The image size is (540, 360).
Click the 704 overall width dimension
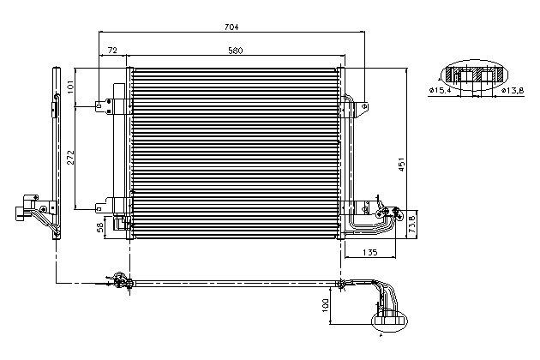(x=231, y=27)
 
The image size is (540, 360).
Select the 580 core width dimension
(x=236, y=51)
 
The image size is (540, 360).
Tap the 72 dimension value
(x=112, y=51)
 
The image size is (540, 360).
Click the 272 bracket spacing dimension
(x=70, y=157)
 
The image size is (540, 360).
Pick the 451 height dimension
(x=401, y=165)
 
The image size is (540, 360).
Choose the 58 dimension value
(x=100, y=227)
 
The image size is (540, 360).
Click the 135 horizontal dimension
(x=370, y=252)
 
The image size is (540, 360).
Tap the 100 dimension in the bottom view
(x=325, y=305)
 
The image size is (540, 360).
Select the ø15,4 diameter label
(x=440, y=91)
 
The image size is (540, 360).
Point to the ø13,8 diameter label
(x=513, y=91)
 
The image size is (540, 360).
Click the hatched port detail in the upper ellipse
(x=475, y=75)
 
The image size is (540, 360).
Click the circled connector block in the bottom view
(x=389, y=321)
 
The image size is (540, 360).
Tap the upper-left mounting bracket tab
(x=104, y=107)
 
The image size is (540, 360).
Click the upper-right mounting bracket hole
(x=365, y=105)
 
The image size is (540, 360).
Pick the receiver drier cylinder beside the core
(x=119, y=152)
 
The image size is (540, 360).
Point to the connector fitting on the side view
(x=27, y=209)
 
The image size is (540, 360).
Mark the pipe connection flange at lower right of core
(x=388, y=213)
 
